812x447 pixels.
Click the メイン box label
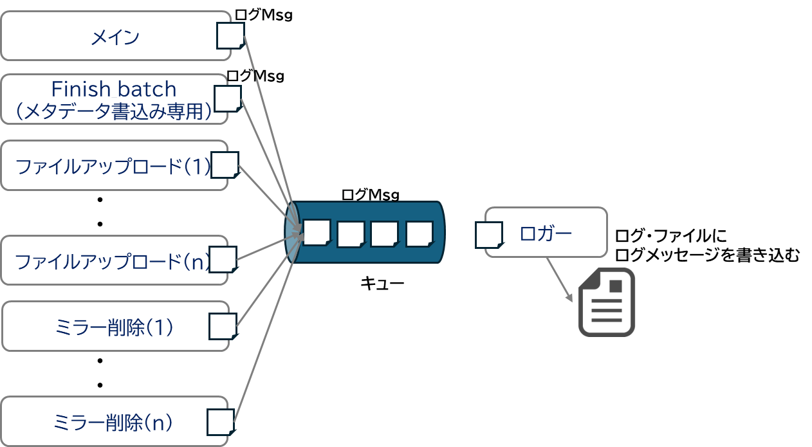point(115,38)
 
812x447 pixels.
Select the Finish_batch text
point(114,89)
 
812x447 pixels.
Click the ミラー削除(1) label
point(115,327)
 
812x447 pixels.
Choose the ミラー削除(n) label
point(115,423)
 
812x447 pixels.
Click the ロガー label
point(545,233)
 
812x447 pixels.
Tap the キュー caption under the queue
point(382,283)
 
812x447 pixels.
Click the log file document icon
point(606,302)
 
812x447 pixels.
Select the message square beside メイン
point(230,36)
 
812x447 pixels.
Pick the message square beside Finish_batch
point(227,98)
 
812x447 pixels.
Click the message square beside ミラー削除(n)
point(220,422)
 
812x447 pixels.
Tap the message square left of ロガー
point(488,235)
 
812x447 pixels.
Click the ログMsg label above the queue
point(370,194)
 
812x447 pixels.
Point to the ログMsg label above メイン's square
point(263,15)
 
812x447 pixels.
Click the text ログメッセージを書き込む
point(706,255)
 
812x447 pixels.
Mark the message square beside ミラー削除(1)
point(223,326)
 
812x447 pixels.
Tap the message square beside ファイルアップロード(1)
point(225,165)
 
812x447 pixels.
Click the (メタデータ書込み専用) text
point(114,112)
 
